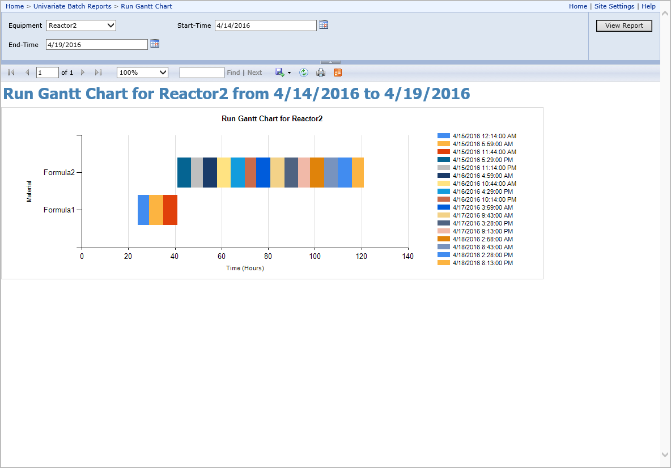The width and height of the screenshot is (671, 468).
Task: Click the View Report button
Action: pyautogui.click(x=624, y=25)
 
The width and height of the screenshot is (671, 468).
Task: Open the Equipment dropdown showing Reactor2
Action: pyautogui.click(x=81, y=25)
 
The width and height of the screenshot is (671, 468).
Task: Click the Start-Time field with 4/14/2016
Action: pyautogui.click(x=265, y=25)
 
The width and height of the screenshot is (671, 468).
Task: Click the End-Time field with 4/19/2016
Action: pyautogui.click(x=97, y=45)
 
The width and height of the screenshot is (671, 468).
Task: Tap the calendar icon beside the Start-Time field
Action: pyautogui.click(x=324, y=25)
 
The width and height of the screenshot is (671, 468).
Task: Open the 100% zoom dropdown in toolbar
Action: pyautogui.click(x=142, y=73)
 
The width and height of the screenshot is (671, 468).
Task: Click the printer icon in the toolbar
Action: pyautogui.click(x=321, y=73)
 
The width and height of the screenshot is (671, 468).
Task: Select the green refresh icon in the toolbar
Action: pyautogui.click(x=303, y=73)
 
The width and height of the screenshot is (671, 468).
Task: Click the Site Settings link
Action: pyautogui.click(x=614, y=6)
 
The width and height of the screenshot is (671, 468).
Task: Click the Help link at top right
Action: pyautogui.click(x=648, y=6)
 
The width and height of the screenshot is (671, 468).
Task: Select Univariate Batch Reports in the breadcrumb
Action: pyautogui.click(x=73, y=6)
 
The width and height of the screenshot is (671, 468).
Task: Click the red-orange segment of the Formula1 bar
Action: pyautogui.click(x=171, y=210)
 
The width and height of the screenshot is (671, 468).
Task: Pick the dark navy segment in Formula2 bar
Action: pyautogui.click(x=210, y=172)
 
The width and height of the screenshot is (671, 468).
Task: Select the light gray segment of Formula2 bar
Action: pyautogui.click(x=197, y=172)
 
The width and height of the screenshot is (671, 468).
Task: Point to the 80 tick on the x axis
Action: pyautogui.click(x=268, y=256)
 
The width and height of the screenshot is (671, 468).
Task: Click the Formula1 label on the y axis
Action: pyautogui.click(x=59, y=210)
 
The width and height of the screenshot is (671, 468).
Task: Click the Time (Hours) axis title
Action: pyautogui.click(x=245, y=268)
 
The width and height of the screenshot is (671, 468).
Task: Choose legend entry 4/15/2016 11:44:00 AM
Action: pyautogui.click(x=477, y=152)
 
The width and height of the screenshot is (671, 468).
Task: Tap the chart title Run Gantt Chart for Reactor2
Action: pyautogui.click(x=272, y=118)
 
